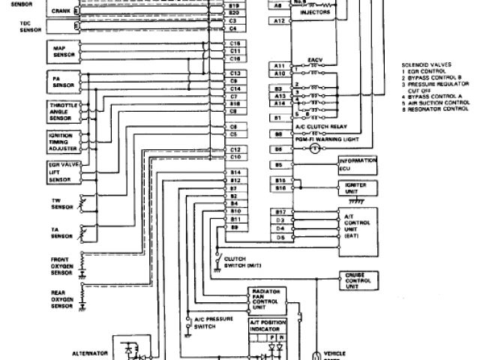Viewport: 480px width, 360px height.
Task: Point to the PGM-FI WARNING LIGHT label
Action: tap(325, 140)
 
